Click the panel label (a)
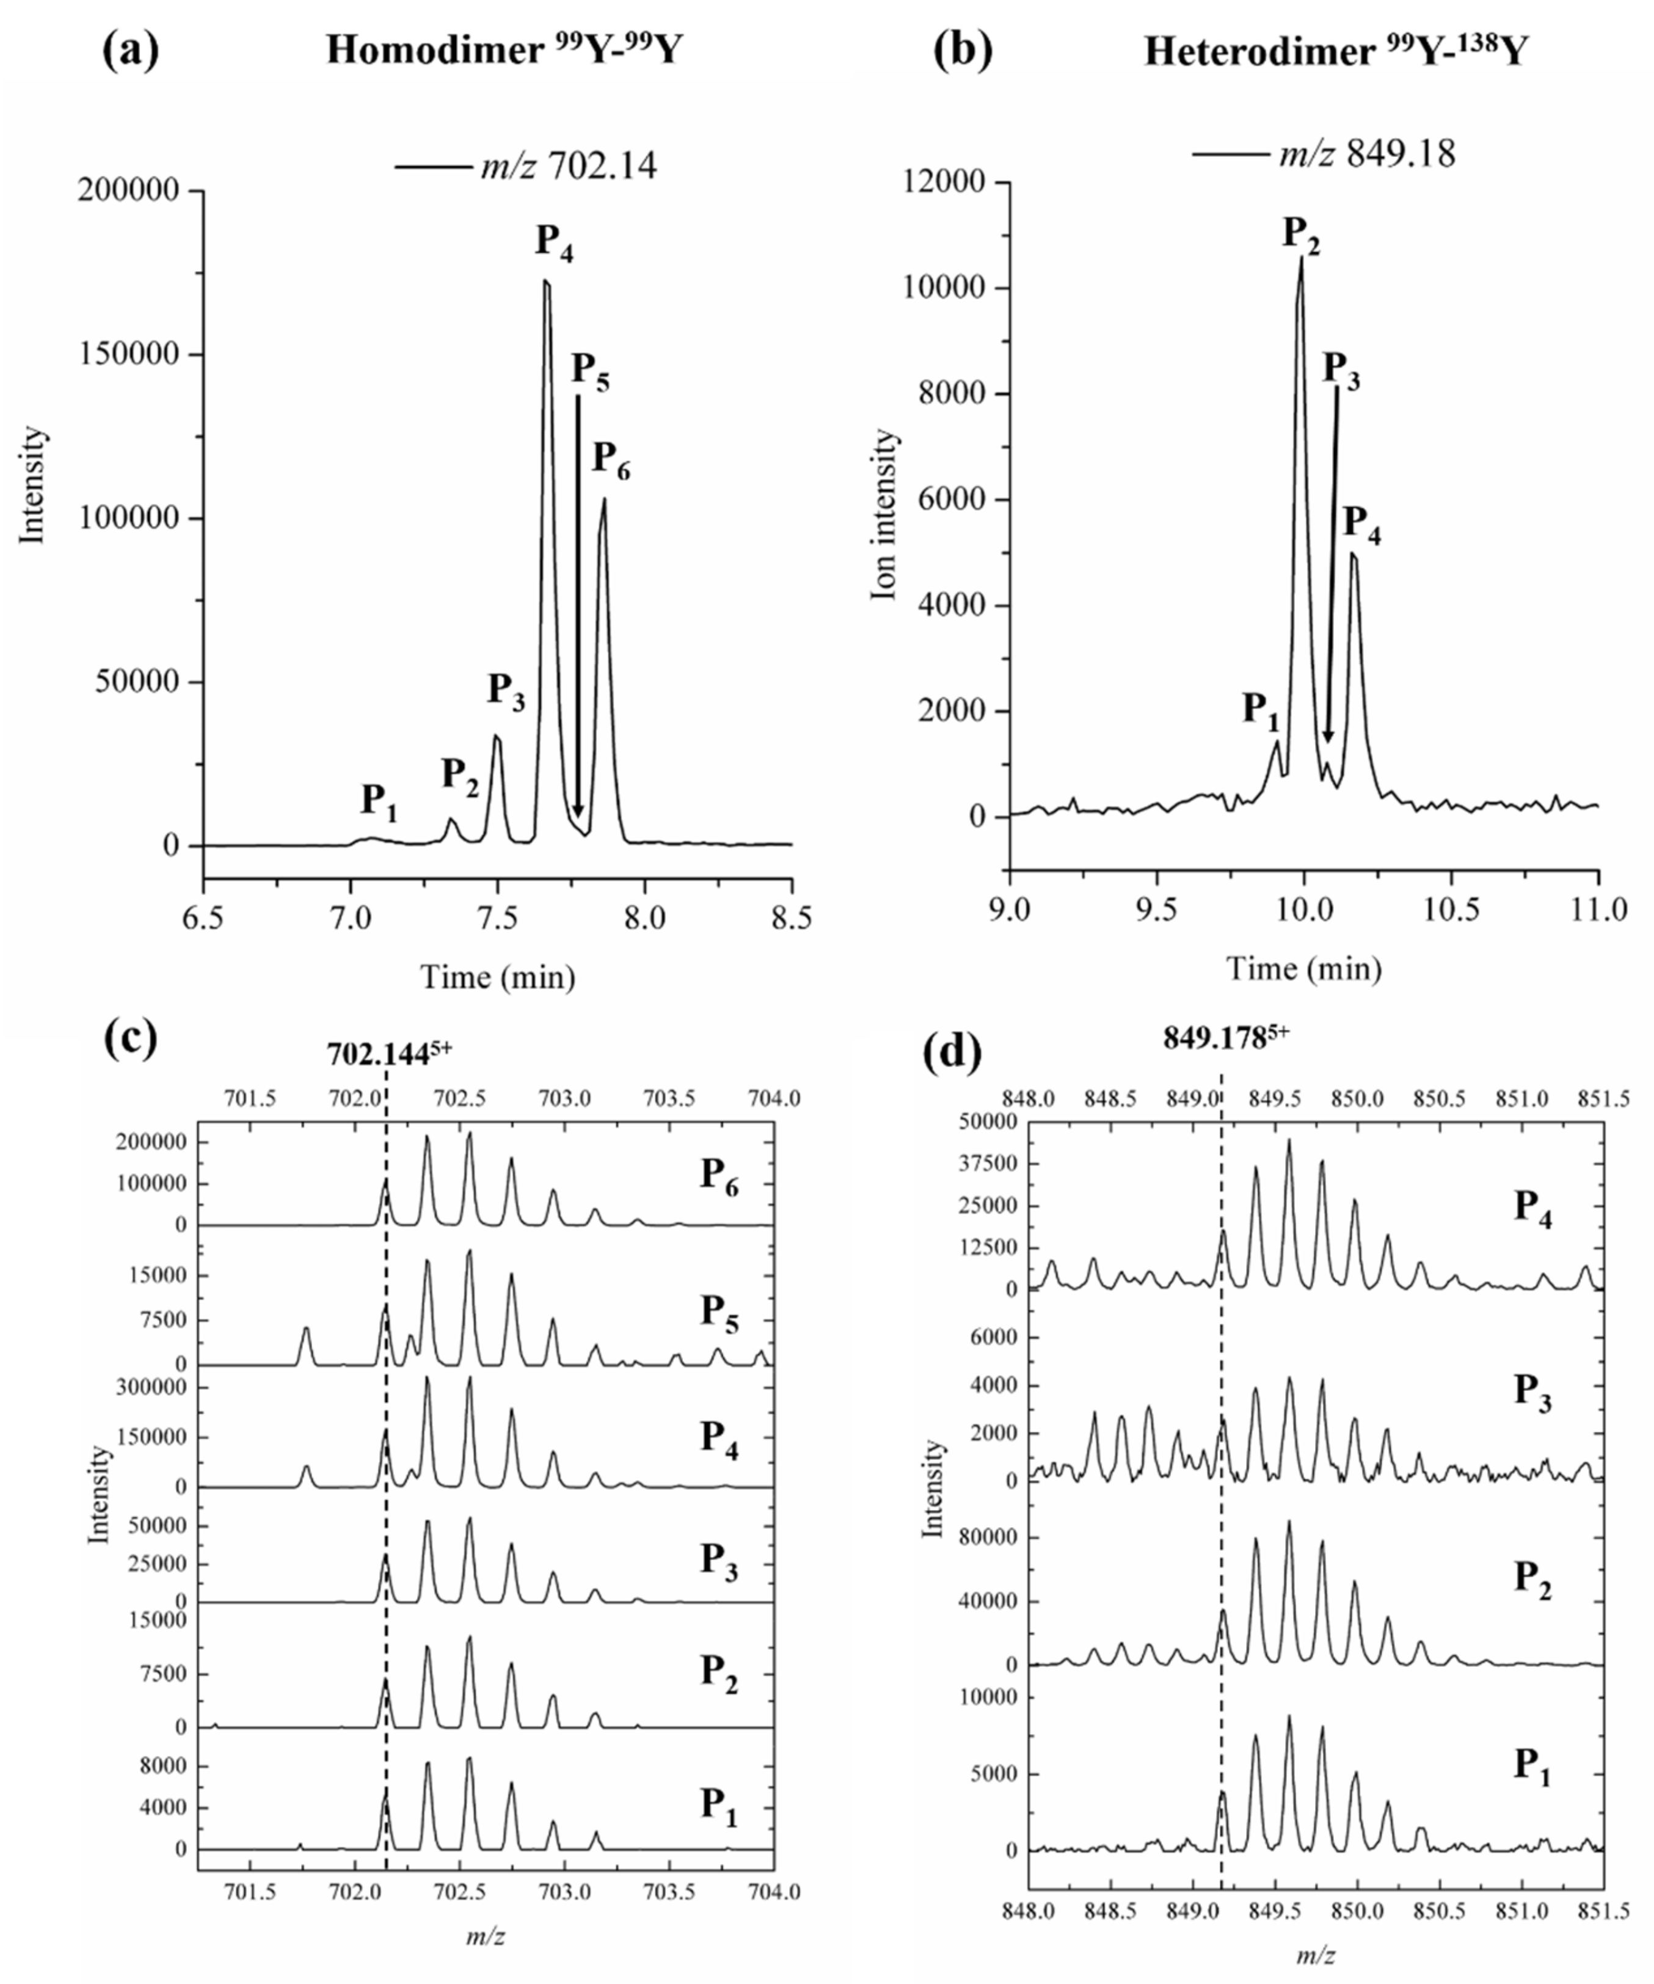click(x=130, y=49)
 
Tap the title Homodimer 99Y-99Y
click(x=503, y=49)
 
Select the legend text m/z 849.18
click(x=1366, y=154)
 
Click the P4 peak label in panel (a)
click(x=555, y=242)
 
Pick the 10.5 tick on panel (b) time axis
click(x=1451, y=909)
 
